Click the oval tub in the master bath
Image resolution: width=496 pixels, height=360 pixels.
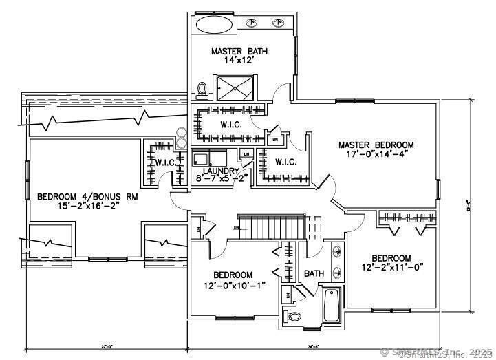pos(215,25)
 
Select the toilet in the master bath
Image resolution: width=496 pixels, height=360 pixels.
pos(202,89)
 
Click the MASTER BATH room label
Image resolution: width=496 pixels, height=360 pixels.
pos(239,51)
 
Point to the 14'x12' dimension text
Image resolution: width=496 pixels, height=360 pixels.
pos(239,60)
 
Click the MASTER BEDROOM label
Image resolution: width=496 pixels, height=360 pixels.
pos(376,145)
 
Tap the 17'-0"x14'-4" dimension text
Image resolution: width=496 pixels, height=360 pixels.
pos(376,154)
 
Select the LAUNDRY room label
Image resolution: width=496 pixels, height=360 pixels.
pos(221,171)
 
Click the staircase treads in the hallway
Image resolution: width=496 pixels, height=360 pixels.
pos(275,225)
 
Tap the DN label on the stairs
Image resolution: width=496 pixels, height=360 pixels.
pos(236,226)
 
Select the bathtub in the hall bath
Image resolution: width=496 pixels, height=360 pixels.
pos(331,306)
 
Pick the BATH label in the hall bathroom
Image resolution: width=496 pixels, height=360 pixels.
pos(314,273)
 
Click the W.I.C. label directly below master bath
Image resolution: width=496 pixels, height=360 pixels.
pos(230,125)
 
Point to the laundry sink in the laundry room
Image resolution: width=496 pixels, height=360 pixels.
pos(207,158)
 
